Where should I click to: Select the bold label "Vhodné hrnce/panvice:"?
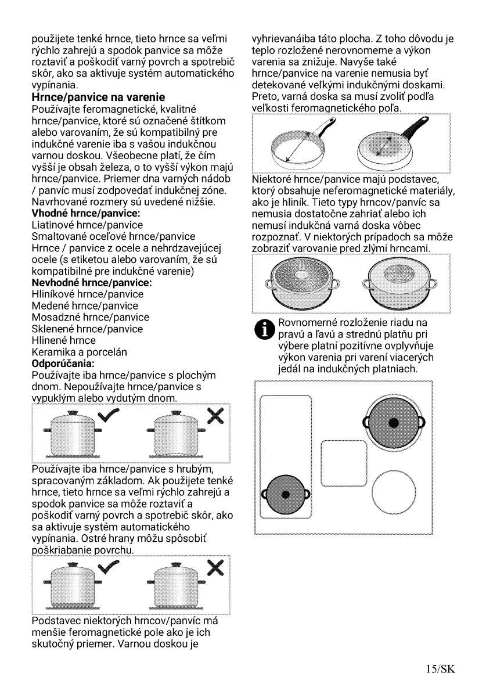[87, 213]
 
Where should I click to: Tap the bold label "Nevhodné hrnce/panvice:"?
[91, 283]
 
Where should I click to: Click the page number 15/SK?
[440, 670]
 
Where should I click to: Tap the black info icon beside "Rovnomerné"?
[265, 329]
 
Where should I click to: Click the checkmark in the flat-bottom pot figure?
[109, 416]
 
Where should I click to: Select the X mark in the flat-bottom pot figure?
[215, 416]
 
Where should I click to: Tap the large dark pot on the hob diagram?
[394, 422]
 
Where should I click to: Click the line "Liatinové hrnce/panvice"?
[87, 225]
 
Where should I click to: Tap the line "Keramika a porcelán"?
[79, 352]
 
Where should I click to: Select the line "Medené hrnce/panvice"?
[85, 306]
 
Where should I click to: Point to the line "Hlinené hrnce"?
[64, 340]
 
